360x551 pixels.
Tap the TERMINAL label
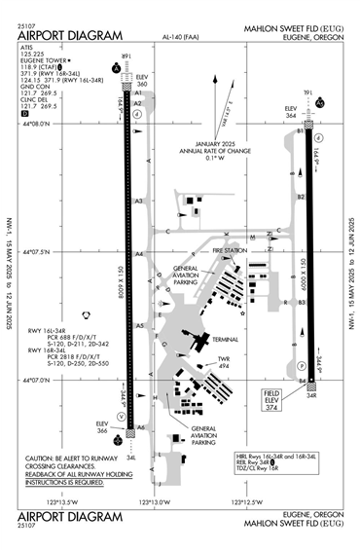227,339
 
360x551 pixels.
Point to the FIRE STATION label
232,250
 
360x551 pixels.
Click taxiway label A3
139,202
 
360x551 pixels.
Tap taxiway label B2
301,197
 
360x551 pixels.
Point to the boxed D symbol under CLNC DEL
24,114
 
